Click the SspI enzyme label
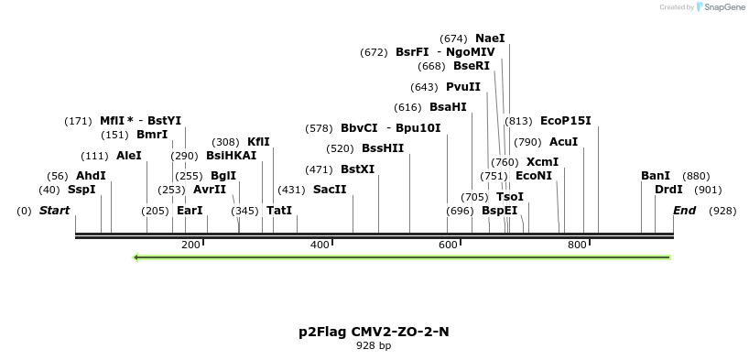pyautogui.click(x=81, y=190)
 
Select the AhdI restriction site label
pyautogui.click(x=91, y=175)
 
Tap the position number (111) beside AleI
pyautogui.click(x=94, y=156)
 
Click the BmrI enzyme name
pyautogui.click(x=152, y=135)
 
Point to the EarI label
pyautogui.click(x=190, y=211)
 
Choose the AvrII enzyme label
pyautogui.click(x=209, y=190)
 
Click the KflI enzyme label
pyautogui.click(x=258, y=142)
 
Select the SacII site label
pyautogui.click(x=330, y=190)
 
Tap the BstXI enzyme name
pyautogui.click(x=357, y=169)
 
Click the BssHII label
pyautogui.click(x=383, y=148)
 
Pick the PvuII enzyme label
pyautogui.click(x=463, y=87)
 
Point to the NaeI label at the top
pyautogui.click(x=490, y=38)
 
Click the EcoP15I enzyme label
pyautogui.click(x=566, y=121)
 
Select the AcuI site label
pyautogui.click(x=563, y=142)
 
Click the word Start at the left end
pyautogui.click(x=54, y=211)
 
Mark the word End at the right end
pyautogui.click(x=684, y=211)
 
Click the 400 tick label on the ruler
pyautogui.click(x=320, y=245)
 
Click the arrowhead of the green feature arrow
pyautogui.click(x=136, y=257)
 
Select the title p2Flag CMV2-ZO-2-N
pyautogui.click(x=374, y=332)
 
